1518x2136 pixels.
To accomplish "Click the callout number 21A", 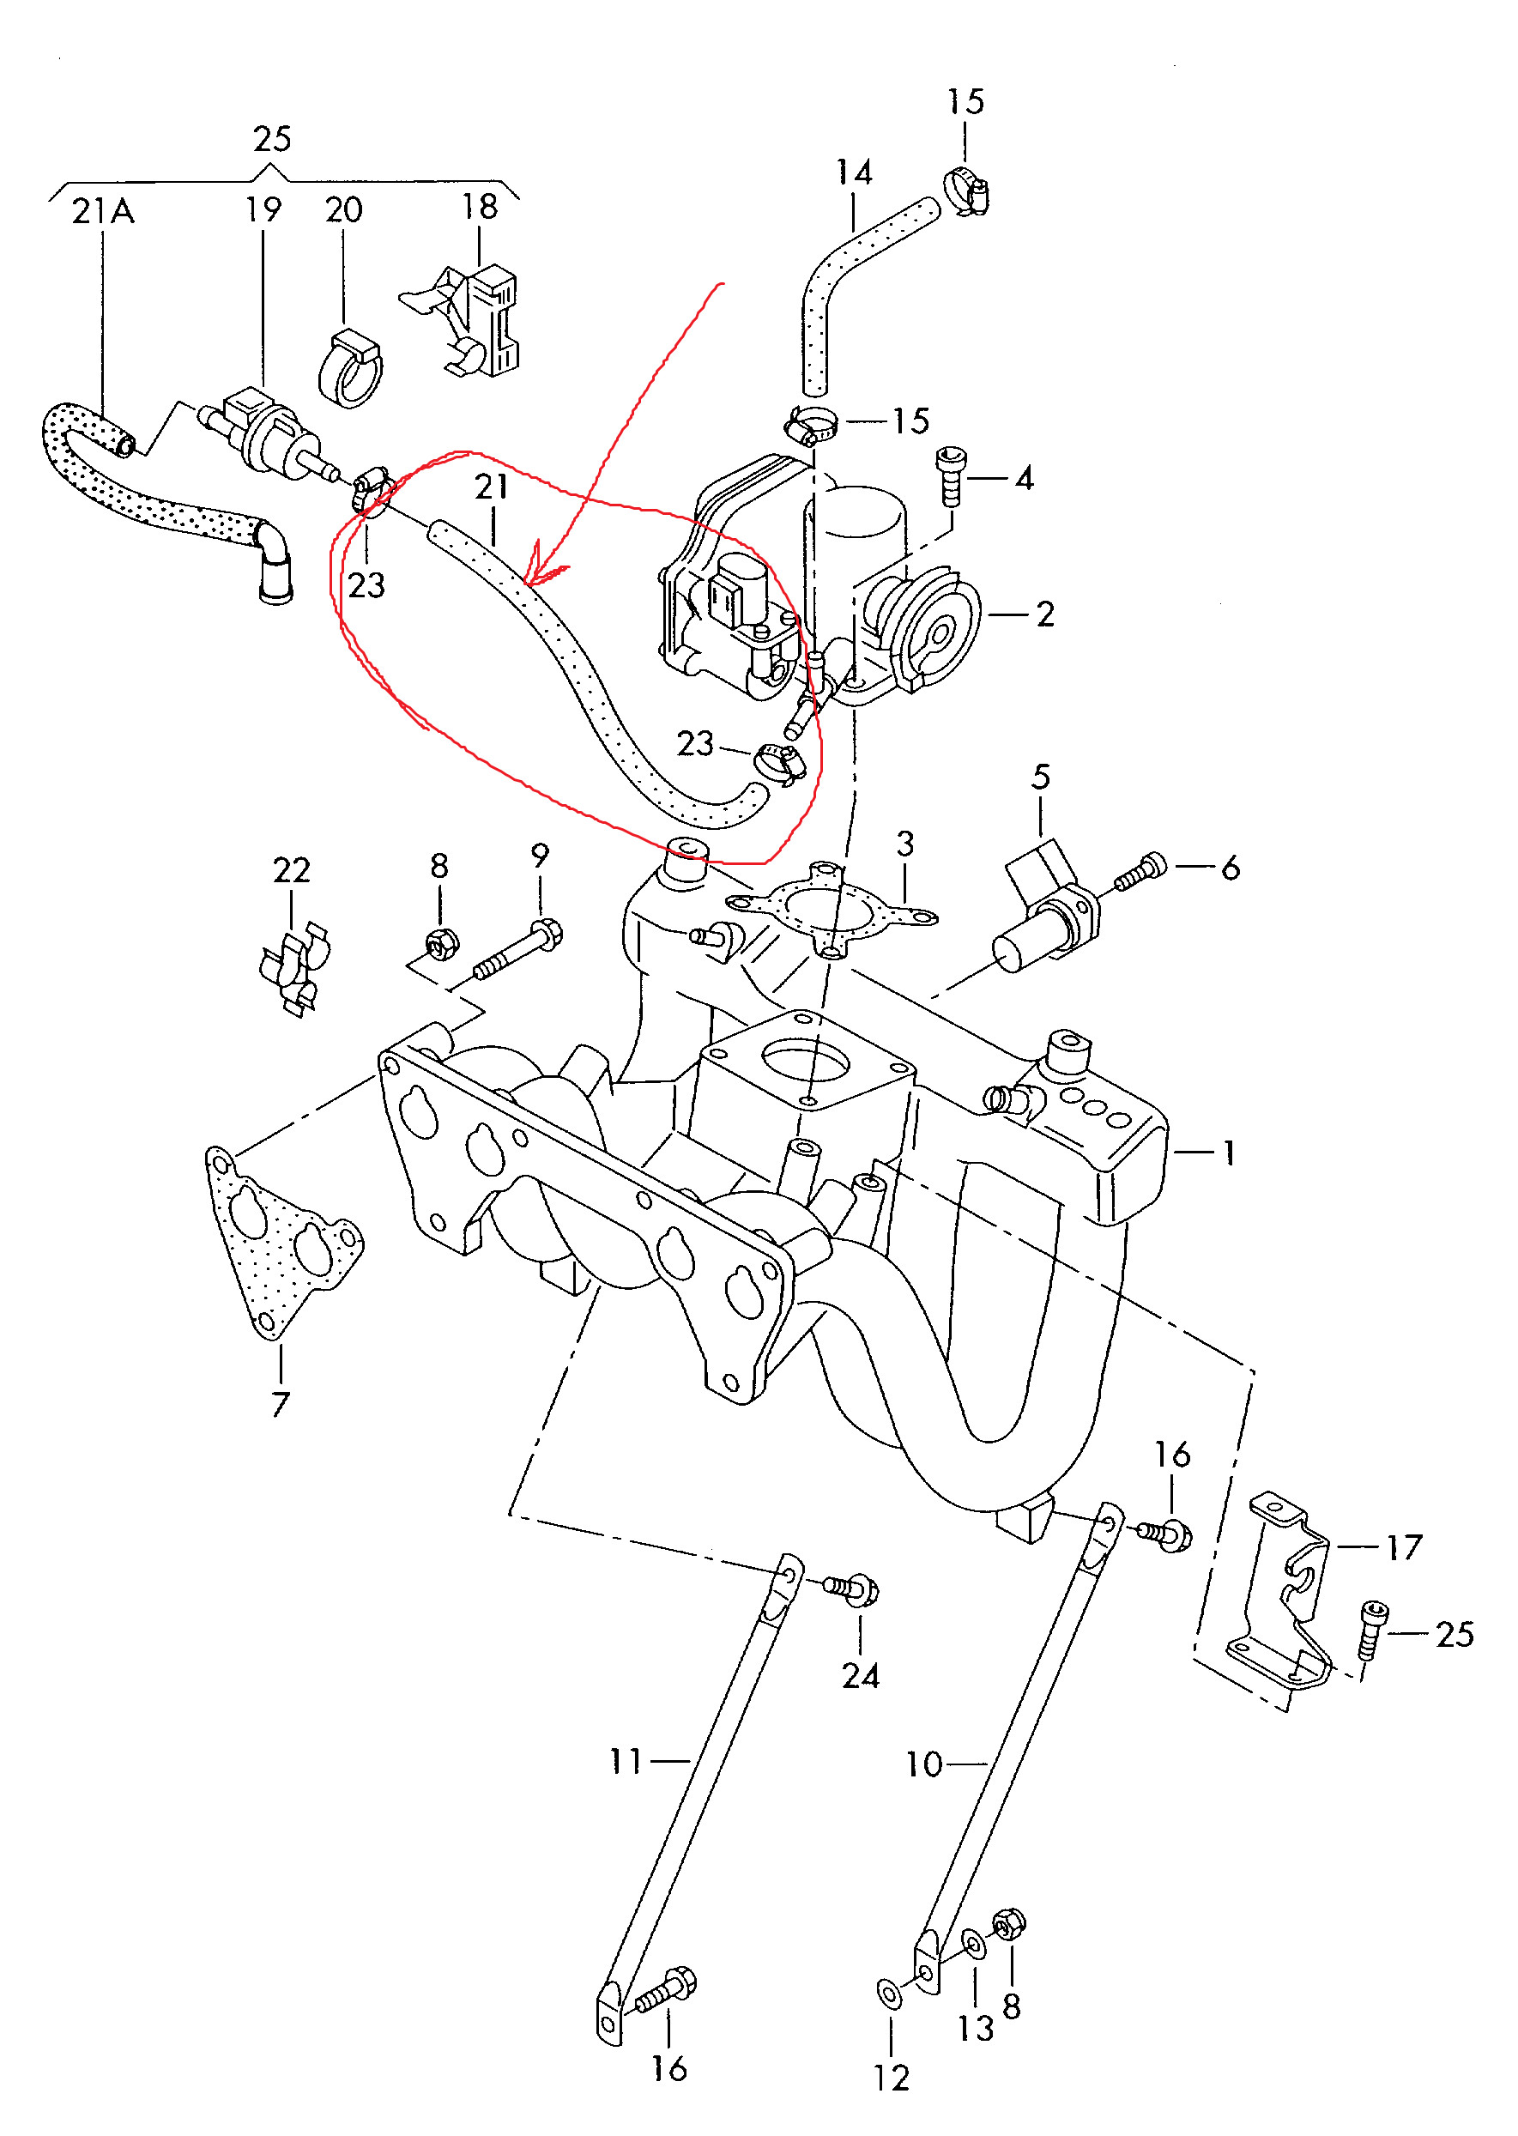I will [x=103, y=211].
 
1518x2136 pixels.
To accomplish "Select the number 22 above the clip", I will [x=291, y=870].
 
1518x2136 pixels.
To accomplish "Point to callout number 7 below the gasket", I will [x=281, y=1404].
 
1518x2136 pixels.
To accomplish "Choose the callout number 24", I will [x=860, y=1675].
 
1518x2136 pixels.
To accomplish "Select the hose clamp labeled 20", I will [x=350, y=369].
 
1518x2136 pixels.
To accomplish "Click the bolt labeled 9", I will [x=520, y=952].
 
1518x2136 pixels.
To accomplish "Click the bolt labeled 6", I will [x=1140, y=872].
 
